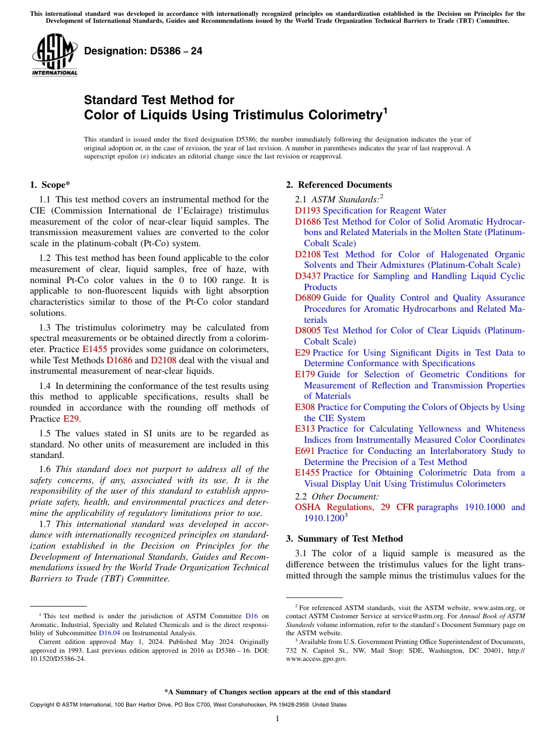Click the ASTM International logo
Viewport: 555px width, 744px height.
coord(54,55)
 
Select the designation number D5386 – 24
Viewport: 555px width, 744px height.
coord(143,51)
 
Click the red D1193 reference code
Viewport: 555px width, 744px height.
coord(307,211)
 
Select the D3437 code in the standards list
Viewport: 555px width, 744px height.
coord(307,276)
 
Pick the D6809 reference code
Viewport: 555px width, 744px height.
coord(307,298)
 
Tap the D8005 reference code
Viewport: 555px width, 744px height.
coord(307,330)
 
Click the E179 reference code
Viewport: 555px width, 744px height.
coord(305,374)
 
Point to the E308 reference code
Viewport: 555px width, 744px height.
coord(305,407)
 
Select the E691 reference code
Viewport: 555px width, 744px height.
coord(305,451)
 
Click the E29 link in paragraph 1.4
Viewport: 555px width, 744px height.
coord(70,419)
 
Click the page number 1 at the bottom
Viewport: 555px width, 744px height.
coord(277,719)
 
